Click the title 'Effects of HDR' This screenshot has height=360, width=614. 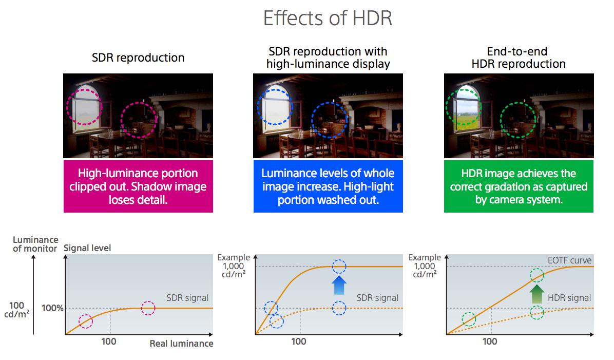328,18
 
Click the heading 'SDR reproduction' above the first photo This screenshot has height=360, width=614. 138,58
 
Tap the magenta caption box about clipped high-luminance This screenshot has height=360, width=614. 138,186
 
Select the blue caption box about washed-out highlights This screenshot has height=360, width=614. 328,186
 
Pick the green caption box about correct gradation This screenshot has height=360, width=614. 519,186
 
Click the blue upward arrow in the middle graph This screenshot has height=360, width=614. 339,285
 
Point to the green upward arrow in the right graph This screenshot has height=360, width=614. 536,294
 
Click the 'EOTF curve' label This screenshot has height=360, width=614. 569,260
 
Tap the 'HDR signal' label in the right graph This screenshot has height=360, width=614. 569,298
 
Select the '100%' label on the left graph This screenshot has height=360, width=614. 52,308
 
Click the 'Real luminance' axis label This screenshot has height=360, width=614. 181,344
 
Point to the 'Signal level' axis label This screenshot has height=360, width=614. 87,248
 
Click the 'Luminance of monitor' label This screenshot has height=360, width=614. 35,244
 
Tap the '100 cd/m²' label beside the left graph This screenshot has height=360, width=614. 17,310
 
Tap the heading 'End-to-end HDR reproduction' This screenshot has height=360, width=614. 518,58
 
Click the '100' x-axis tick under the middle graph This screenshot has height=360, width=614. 299,342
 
